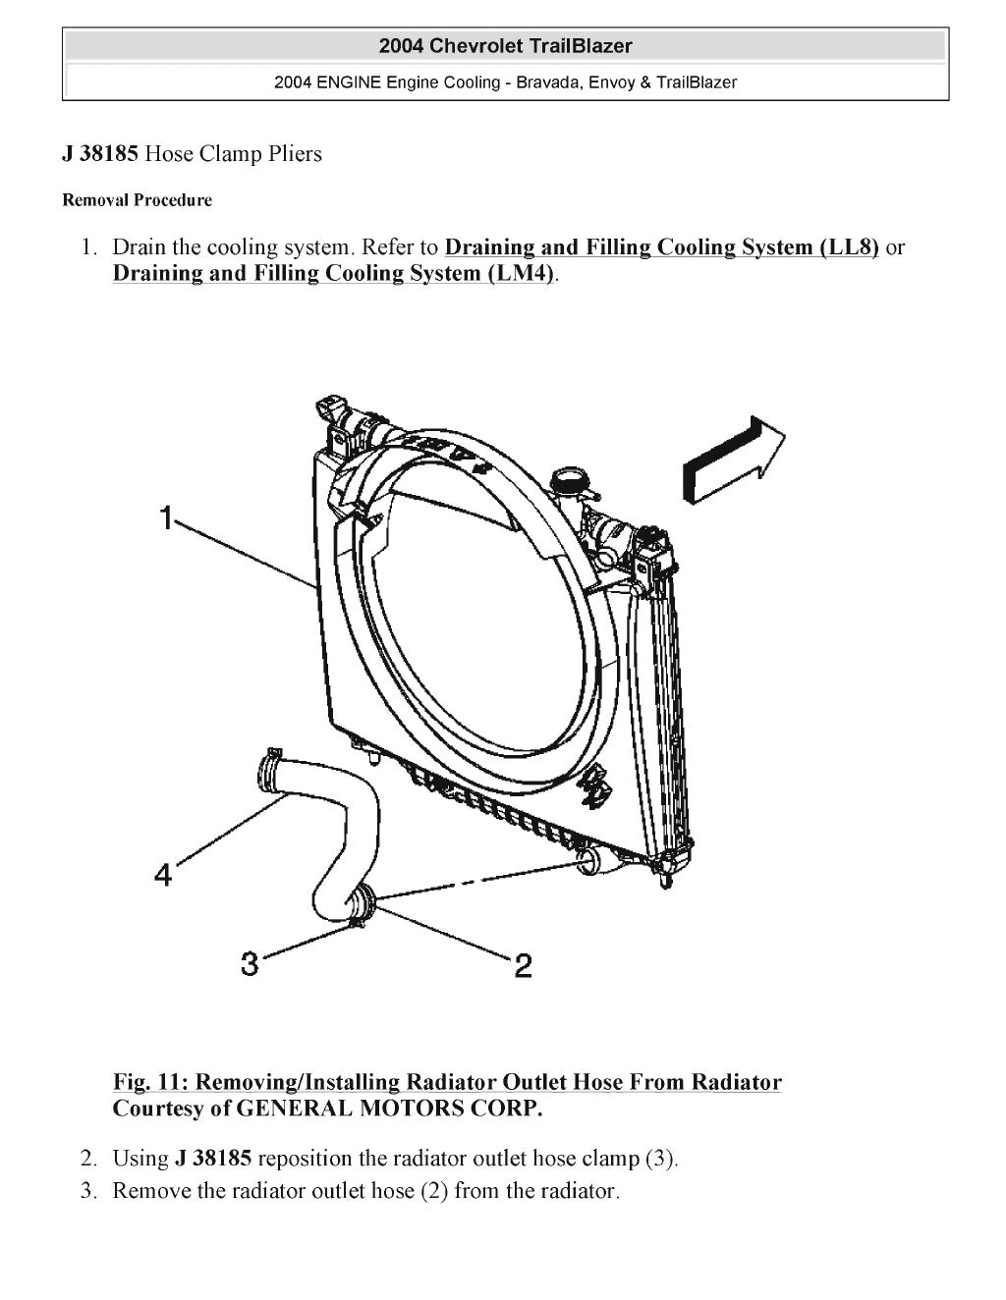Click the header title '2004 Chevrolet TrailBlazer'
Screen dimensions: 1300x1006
point(505,46)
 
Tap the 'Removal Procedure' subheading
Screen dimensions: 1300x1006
point(137,200)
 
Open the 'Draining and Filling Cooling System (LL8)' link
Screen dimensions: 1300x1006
point(661,246)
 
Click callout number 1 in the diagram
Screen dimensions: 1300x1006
point(168,517)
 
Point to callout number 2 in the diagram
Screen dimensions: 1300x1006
point(523,966)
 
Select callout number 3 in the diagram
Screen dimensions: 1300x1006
point(250,964)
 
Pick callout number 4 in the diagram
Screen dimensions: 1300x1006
point(163,873)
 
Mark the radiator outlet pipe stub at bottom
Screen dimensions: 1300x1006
point(587,863)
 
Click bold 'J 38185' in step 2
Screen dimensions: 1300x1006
point(213,1158)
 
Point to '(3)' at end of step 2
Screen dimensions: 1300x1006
point(659,1158)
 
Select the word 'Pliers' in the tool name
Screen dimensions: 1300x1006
point(293,154)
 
